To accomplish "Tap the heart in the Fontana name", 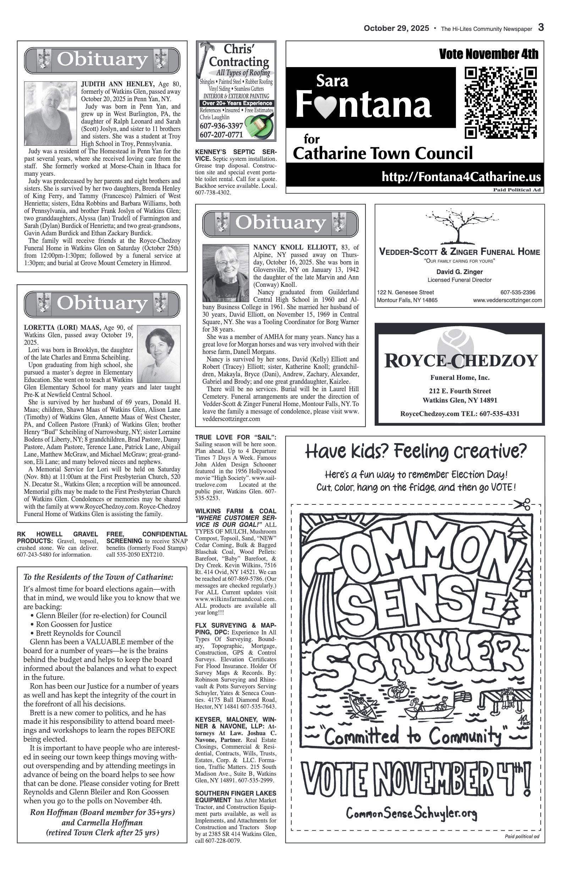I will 325,107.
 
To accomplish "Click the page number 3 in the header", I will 541,28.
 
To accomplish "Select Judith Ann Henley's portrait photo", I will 48,113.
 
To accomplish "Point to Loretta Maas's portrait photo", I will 159,354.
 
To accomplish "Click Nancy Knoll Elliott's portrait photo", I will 226,273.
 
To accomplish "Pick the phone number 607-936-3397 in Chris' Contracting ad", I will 221,126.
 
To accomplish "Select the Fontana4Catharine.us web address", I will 461,177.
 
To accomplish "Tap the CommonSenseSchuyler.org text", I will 411,813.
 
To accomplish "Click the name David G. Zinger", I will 459,272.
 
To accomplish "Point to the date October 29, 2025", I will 396,28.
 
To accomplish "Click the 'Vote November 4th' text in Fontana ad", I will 488,54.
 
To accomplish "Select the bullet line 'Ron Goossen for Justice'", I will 74,624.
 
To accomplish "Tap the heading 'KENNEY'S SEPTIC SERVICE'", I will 235,155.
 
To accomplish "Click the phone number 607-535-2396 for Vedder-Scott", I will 518,292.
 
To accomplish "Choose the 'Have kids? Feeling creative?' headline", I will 416,451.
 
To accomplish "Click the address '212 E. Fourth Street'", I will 459,391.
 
